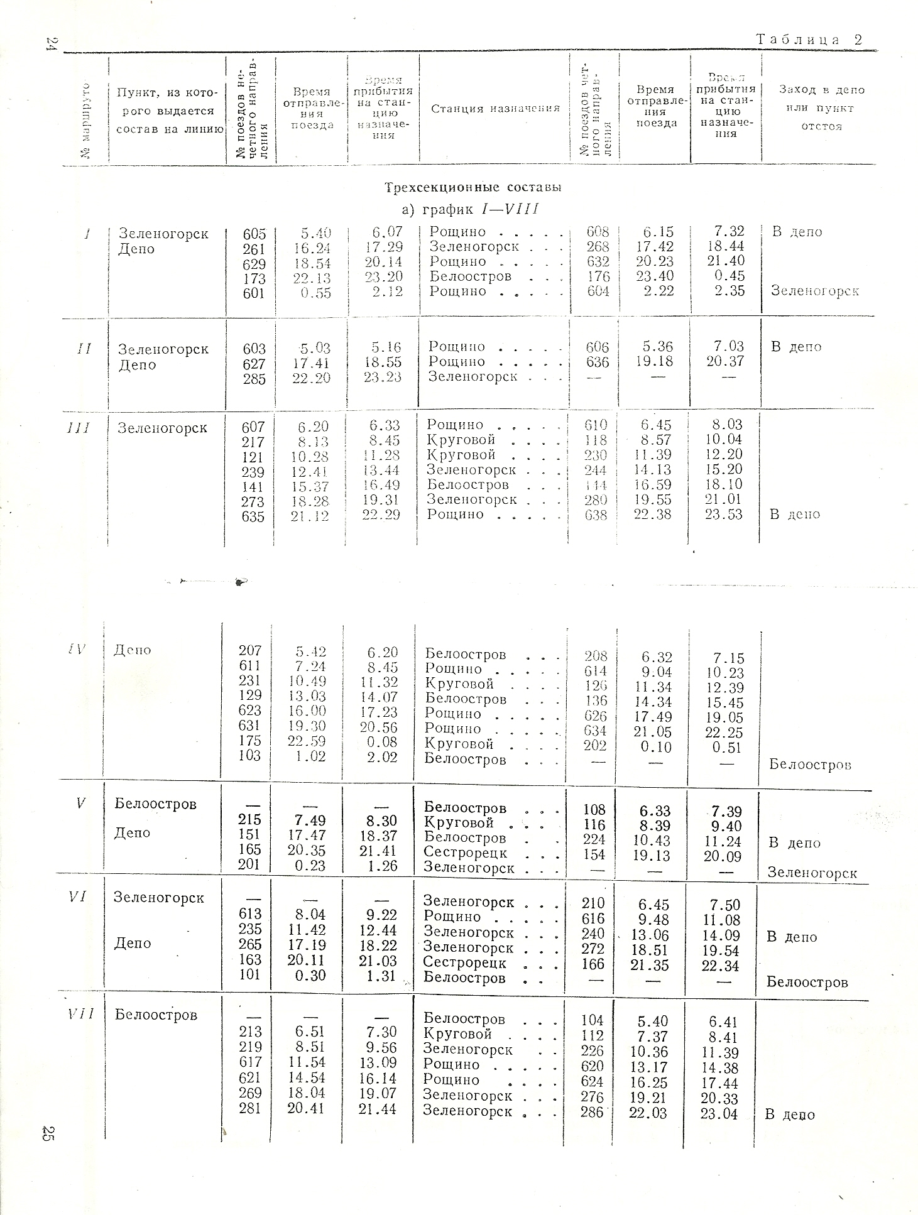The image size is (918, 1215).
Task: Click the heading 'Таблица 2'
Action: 809,40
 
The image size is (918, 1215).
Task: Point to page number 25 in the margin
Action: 46,1133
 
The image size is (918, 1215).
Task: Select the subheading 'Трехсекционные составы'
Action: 473,187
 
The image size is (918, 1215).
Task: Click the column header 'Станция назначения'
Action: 495,109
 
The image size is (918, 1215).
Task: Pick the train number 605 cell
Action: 254,234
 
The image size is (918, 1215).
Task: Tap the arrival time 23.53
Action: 724,515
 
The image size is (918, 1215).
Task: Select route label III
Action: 78,428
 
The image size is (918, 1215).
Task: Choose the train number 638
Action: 596,515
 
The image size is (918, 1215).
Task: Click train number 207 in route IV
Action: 250,651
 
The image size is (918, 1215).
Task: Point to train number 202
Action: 594,745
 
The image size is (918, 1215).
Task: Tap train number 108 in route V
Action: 594,810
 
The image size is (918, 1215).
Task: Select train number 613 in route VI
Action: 250,914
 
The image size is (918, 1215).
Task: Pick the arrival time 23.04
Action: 719,1114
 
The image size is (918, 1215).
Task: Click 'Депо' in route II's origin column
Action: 136,365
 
